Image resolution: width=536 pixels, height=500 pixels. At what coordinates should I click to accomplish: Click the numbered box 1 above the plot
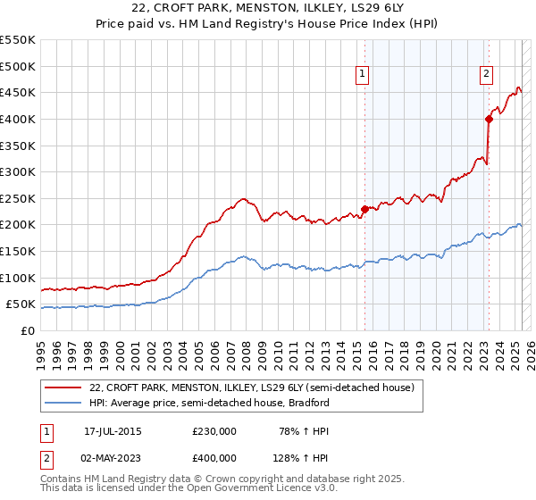364,75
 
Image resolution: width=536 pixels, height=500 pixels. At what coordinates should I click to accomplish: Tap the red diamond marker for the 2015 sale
364,209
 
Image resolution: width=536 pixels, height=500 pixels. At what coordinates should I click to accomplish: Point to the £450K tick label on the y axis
17,92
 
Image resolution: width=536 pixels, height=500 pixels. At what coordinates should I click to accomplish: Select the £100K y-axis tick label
17,278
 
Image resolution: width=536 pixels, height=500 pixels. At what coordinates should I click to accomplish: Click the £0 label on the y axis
29,330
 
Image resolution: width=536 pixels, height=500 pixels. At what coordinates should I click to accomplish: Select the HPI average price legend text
210,403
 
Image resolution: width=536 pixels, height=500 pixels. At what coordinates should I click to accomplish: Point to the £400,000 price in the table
214,457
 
